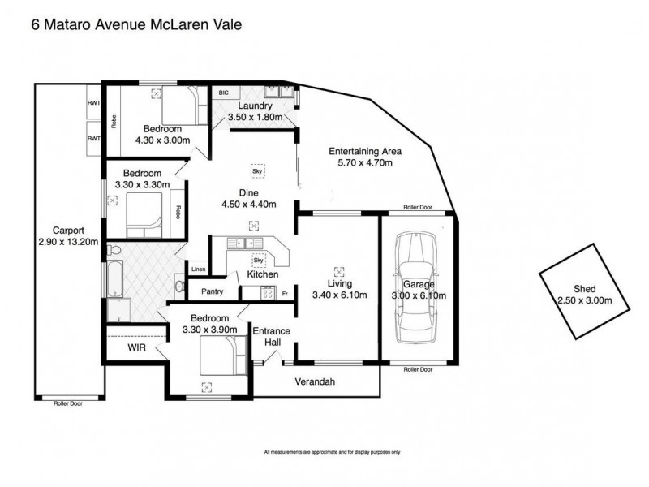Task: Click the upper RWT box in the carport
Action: coord(93,103)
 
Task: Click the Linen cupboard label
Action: coord(198,269)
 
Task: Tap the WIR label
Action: coord(136,347)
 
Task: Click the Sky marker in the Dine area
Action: coord(257,171)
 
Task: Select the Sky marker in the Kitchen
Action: coord(260,261)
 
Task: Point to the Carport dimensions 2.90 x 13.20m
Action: coord(67,241)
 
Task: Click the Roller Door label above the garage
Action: coord(419,208)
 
